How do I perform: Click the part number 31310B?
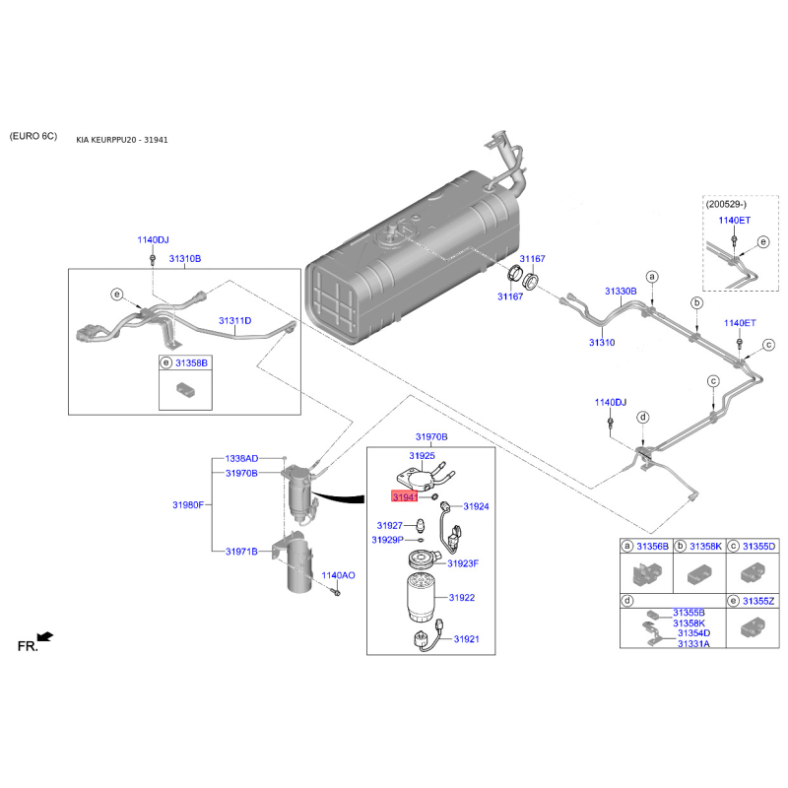point(184,258)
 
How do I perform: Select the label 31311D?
point(234,321)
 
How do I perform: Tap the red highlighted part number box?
point(403,497)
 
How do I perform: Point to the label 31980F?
point(187,504)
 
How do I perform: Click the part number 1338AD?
point(241,459)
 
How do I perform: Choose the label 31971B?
point(241,552)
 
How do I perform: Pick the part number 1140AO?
point(338,574)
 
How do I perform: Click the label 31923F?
point(462,563)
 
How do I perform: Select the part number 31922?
point(462,597)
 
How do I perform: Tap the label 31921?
point(466,639)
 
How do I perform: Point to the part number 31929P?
point(388,540)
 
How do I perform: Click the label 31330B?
point(621,292)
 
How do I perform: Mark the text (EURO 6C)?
point(34,135)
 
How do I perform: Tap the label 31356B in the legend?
point(653,545)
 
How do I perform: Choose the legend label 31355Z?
point(758,600)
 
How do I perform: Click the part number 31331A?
point(693,643)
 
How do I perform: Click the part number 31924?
point(476,506)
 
